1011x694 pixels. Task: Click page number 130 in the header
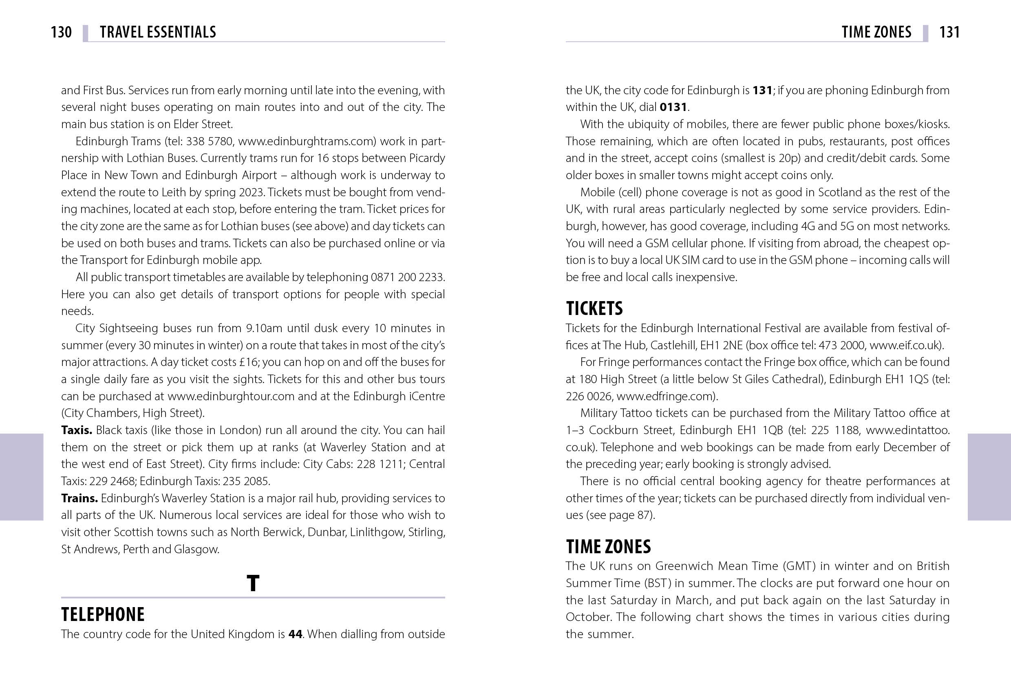click(x=61, y=32)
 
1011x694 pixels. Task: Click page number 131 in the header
click(x=949, y=32)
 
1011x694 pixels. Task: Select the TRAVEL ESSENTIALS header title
click(x=157, y=32)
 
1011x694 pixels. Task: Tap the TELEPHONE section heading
click(x=103, y=614)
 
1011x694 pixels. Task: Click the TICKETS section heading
click(x=594, y=308)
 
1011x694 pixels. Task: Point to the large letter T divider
click(x=253, y=583)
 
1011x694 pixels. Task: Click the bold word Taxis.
click(x=77, y=430)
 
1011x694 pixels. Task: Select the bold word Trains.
click(x=79, y=498)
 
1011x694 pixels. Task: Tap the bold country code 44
click(x=296, y=634)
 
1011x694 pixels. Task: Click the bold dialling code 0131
click(x=673, y=107)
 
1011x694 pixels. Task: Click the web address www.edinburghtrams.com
click(x=307, y=141)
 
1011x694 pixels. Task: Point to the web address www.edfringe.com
click(x=666, y=396)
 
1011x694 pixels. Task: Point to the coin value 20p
click(x=790, y=158)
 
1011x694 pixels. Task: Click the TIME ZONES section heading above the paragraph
click(x=608, y=546)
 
